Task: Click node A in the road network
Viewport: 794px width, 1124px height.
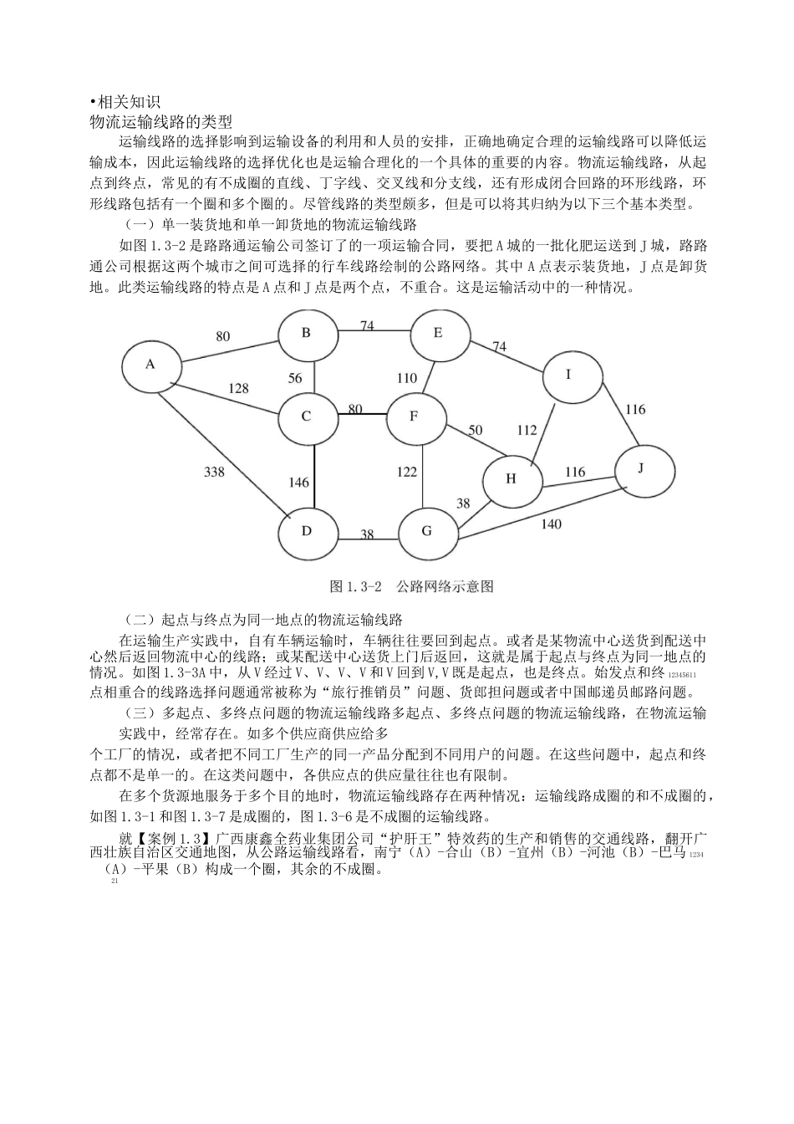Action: (x=151, y=365)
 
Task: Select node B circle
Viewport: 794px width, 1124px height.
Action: (x=307, y=333)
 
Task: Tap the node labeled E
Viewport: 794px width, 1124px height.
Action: (x=438, y=334)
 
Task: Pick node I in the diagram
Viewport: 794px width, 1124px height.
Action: (x=569, y=376)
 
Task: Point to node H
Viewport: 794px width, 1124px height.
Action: (x=512, y=479)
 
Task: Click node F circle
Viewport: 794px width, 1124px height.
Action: (x=415, y=416)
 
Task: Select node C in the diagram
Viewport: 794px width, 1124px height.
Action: (x=308, y=416)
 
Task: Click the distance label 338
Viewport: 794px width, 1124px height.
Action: (x=215, y=473)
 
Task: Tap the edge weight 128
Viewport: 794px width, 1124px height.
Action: (x=238, y=388)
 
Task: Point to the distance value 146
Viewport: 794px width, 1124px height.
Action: (x=298, y=483)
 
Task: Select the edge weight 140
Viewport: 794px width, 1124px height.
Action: (x=551, y=524)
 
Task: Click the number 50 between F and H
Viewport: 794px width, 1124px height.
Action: (x=475, y=431)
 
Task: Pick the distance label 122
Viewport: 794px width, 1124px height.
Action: (x=406, y=473)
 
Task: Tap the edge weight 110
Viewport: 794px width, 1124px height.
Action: (x=406, y=378)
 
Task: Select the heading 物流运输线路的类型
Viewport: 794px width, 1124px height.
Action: (x=160, y=121)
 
